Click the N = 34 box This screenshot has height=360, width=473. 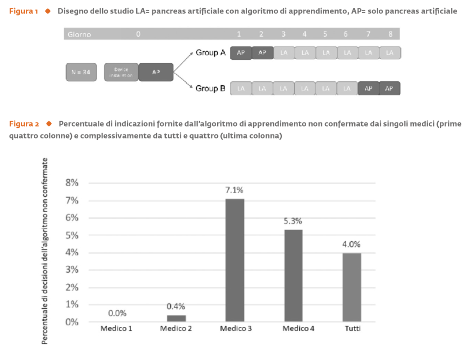click(81, 72)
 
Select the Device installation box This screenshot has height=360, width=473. click(121, 72)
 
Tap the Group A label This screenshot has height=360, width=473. click(210, 53)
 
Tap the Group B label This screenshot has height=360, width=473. click(210, 88)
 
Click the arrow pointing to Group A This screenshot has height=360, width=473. click(183, 61)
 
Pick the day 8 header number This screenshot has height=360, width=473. click(390, 34)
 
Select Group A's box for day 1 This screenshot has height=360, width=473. click(240, 53)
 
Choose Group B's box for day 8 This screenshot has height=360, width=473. click(390, 88)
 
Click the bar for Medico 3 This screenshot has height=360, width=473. click(235, 260)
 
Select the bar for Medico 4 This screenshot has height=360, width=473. click(293, 275)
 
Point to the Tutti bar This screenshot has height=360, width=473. click(352, 287)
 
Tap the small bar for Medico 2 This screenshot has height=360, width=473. click(176, 318)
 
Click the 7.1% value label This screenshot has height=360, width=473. click(234, 190)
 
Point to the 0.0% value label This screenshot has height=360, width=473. click(117, 313)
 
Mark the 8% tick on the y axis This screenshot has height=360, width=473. click(71, 183)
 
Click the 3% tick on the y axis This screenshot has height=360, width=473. click(71, 270)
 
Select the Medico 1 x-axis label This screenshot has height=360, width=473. click(117, 329)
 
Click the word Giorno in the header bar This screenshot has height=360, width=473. click(79, 34)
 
